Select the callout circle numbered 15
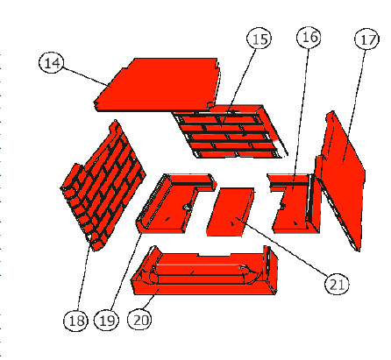(258, 39)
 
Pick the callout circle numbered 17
(365, 39)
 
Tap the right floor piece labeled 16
(294, 206)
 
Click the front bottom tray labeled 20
(202, 276)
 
